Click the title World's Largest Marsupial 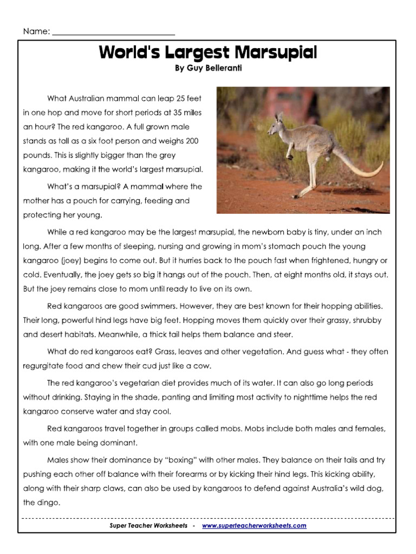pyautogui.click(x=207, y=53)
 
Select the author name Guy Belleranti pyautogui.click(x=207, y=69)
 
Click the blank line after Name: pyautogui.click(x=113, y=31)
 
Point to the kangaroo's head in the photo pyautogui.click(x=279, y=122)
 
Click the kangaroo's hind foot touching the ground pyautogui.click(x=301, y=195)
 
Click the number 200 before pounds pyautogui.click(x=191, y=141)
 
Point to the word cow pyautogui.click(x=201, y=365)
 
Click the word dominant pyautogui.click(x=118, y=443)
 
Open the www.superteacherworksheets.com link pyautogui.click(x=254, y=525)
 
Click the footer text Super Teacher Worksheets pyautogui.click(x=148, y=525)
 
